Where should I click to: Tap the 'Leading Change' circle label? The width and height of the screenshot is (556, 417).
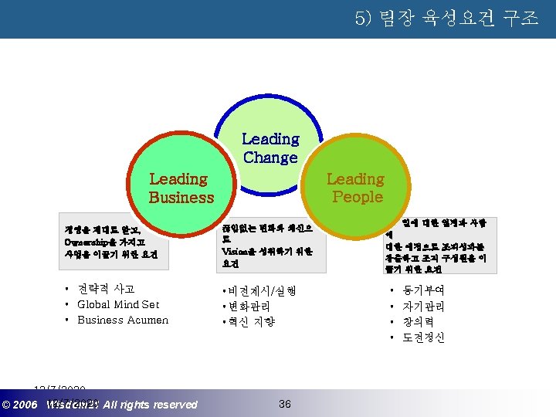[x=270, y=148]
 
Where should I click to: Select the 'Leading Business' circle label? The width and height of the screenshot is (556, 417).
[x=181, y=188]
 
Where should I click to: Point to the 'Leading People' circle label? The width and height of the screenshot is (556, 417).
[x=356, y=188]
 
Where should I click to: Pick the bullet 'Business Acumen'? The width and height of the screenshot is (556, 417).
[x=123, y=320]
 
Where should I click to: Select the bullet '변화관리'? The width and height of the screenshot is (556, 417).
[x=248, y=306]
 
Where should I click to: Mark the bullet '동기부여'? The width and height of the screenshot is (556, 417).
[x=423, y=291]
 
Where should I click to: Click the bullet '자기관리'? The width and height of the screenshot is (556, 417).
[x=423, y=307]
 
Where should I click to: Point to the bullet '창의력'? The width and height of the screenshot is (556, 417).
[x=419, y=322]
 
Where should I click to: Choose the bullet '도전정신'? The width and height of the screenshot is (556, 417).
[x=423, y=337]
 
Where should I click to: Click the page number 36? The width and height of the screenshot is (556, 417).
[x=284, y=404]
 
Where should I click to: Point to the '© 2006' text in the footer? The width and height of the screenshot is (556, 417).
[x=20, y=405]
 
